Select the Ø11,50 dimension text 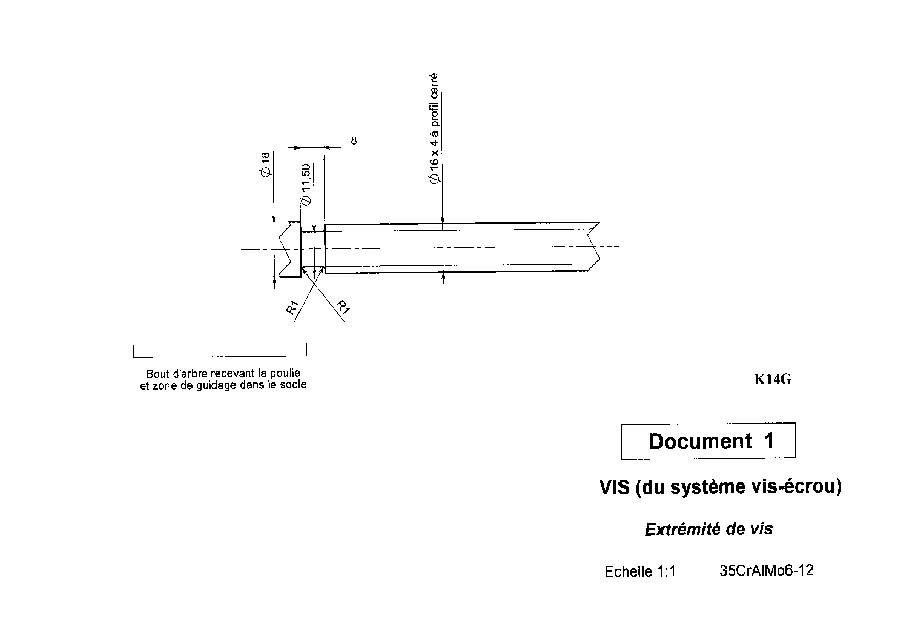pyautogui.click(x=306, y=185)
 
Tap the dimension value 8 pyautogui.click(x=354, y=140)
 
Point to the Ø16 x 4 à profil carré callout pyautogui.click(x=434, y=128)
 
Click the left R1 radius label pyautogui.click(x=292, y=309)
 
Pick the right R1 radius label pyautogui.click(x=343, y=307)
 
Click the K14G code pyautogui.click(x=773, y=379)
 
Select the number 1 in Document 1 pyautogui.click(x=768, y=441)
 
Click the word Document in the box pyautogui.click(x=700, y=441)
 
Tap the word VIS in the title pyautogui.click(x=614, y=487)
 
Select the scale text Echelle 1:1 pyautogui.click(x=640, y=571)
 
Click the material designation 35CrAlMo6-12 pyautogui.click(x=766, y=570)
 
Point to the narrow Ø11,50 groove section pyautogui.click(x=313, y=249)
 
